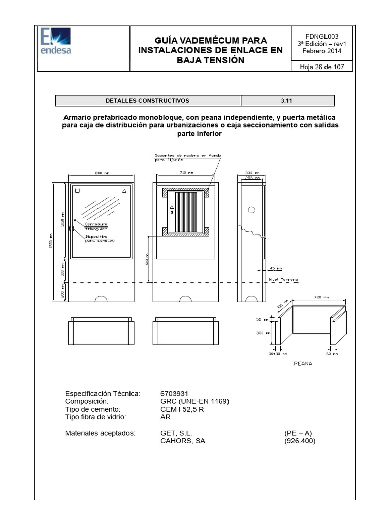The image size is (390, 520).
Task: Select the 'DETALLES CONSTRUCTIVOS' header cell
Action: pos(148,101)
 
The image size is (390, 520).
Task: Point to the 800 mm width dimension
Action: pos(102,173)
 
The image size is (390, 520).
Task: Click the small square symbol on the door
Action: pos(78,192)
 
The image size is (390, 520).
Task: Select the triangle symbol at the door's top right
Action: pos(124,191)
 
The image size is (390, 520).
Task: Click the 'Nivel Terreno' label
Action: pos(283,280)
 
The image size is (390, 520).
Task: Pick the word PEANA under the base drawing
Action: pos(303,363)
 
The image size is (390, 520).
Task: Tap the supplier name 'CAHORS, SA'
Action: pos(183,441)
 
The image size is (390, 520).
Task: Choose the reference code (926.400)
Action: pos(300,441)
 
